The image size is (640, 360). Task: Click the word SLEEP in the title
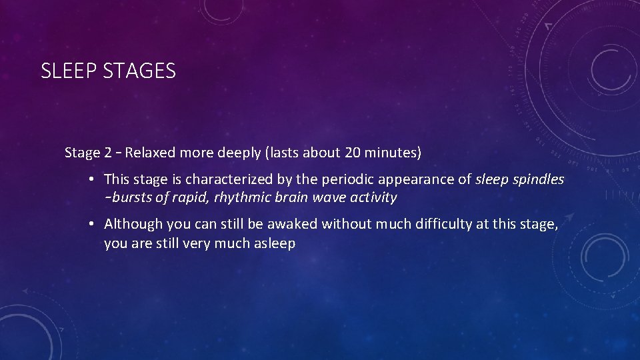[70, 71]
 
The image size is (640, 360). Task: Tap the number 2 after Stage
[107, 153]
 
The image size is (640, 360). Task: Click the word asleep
[274, 243]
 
